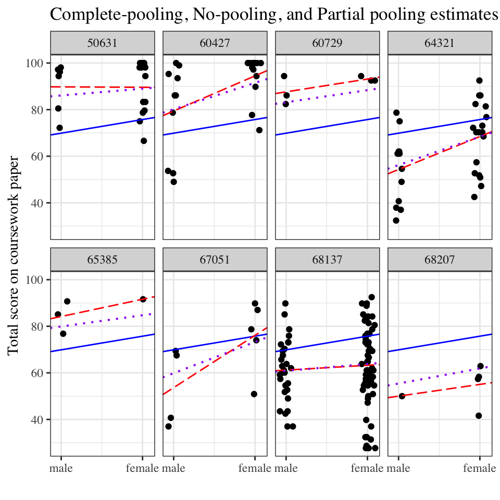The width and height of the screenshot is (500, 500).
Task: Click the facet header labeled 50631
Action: click(103, 43)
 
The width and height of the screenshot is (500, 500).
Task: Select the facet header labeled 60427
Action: click(215, 43)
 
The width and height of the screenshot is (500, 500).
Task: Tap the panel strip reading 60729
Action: click(328, 43)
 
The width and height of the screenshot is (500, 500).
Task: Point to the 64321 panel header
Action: click(440, 43)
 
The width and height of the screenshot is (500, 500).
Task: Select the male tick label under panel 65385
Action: click(61, 468)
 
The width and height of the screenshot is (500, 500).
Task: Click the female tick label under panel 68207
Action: click(479, 468)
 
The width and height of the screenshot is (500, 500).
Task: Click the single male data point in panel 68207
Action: click(402, 396)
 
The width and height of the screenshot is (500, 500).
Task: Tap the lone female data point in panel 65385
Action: click(143, 299)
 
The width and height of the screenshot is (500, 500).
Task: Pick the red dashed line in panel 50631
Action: click(103, 87)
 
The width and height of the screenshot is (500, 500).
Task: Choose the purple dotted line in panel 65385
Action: click(103, 321)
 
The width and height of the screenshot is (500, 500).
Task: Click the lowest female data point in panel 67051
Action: click(254, 394)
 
